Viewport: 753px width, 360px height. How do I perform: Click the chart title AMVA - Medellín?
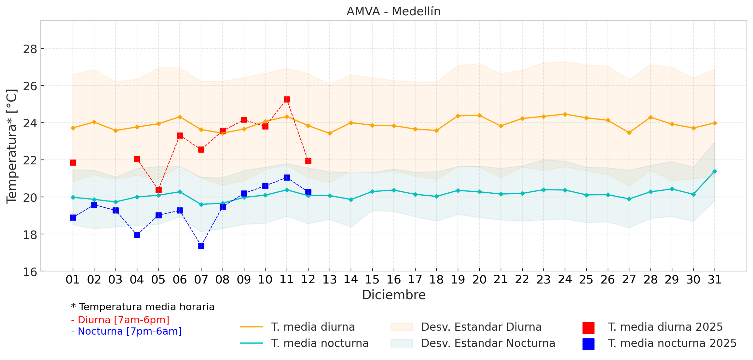393,11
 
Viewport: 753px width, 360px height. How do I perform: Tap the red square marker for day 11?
287,100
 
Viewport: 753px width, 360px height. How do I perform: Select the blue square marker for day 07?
201,246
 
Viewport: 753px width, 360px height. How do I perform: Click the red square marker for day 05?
158,190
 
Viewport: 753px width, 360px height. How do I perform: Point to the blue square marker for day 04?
137,235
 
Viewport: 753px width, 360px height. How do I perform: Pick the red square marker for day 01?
73,162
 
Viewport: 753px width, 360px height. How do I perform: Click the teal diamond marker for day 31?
715,171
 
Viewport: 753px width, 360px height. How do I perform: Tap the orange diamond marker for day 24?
565,114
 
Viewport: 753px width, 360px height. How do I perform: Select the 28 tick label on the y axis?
30,49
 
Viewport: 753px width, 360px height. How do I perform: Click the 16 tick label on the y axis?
30,272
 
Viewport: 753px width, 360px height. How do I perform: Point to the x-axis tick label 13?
329,280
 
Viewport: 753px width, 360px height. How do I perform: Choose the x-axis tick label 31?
715,280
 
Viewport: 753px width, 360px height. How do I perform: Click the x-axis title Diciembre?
394,295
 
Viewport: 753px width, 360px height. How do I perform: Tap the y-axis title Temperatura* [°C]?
12,146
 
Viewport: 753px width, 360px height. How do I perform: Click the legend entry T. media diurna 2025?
665,327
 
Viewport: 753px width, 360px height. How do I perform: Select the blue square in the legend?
588,344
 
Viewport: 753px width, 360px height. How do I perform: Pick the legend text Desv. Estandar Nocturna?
488,343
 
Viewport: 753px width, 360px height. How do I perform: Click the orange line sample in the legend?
251,327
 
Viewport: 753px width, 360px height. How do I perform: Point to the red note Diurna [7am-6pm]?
120,320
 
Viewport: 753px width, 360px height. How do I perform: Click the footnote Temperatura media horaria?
143,307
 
